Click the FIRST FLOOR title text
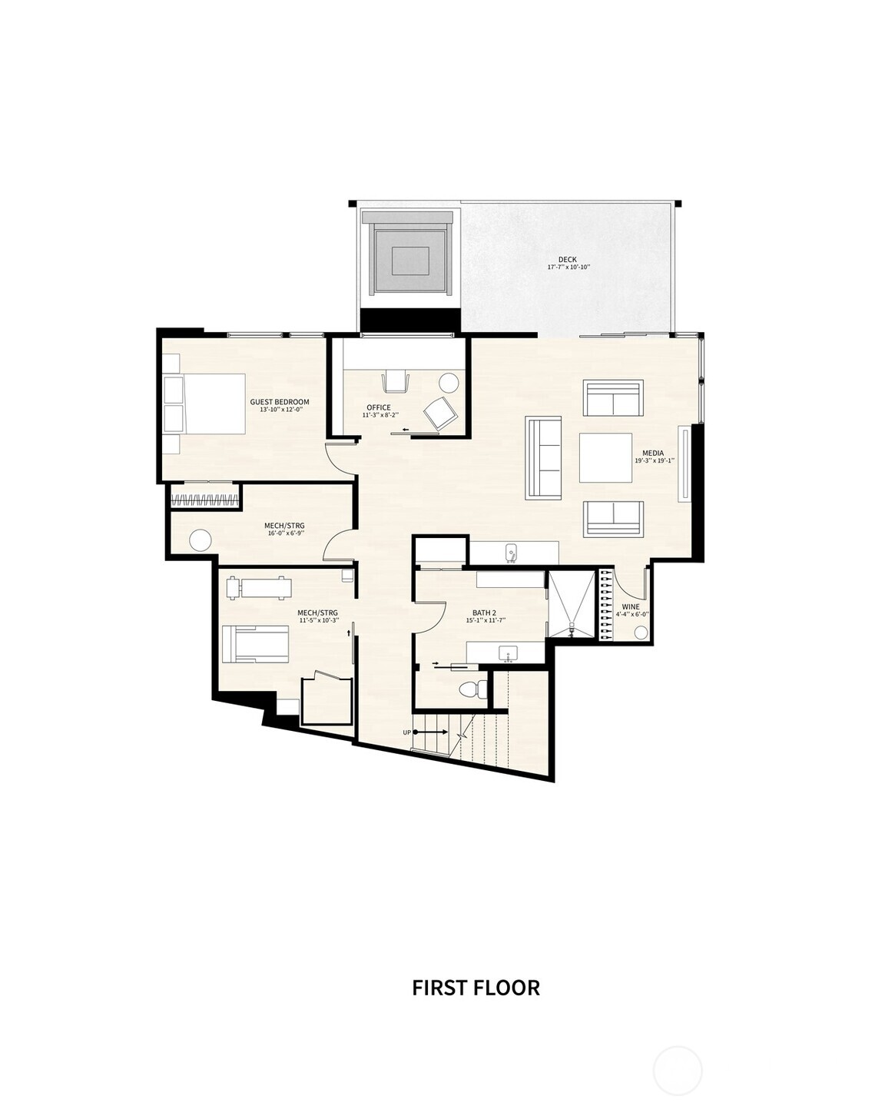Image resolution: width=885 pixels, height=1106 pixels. pyautogui.click(x=476, y=987)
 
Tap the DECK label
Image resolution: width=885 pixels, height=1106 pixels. pyautogui.click(x=568, y=260)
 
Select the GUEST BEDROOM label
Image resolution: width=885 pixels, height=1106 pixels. pyautogui.click(x=280, y=402)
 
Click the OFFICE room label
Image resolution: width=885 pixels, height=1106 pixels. pyautogui.click(x=379, y=407)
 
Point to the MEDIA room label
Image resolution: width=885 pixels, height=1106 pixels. pyautogui.click(x=653, y=453)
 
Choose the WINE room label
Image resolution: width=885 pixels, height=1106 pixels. pyautogui.click(x=630, y=607)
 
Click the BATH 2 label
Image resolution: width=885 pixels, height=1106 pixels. pyautogui.click(x=485, y=613)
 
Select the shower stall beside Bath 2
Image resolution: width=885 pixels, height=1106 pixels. pyautogui.click(x=571, y=605)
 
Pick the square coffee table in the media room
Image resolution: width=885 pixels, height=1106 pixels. pyautogui.click(x=605, y=457)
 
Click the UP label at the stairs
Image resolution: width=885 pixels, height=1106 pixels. pyautogui.click(x=407, y=732)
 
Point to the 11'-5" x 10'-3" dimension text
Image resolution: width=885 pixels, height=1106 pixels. pyautogui.click(x=318, y=619)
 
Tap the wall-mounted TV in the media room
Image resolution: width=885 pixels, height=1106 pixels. pyautogui.click(x=682, y=463)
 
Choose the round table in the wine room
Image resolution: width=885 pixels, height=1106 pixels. pyautogui.click(x=641, y=632)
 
